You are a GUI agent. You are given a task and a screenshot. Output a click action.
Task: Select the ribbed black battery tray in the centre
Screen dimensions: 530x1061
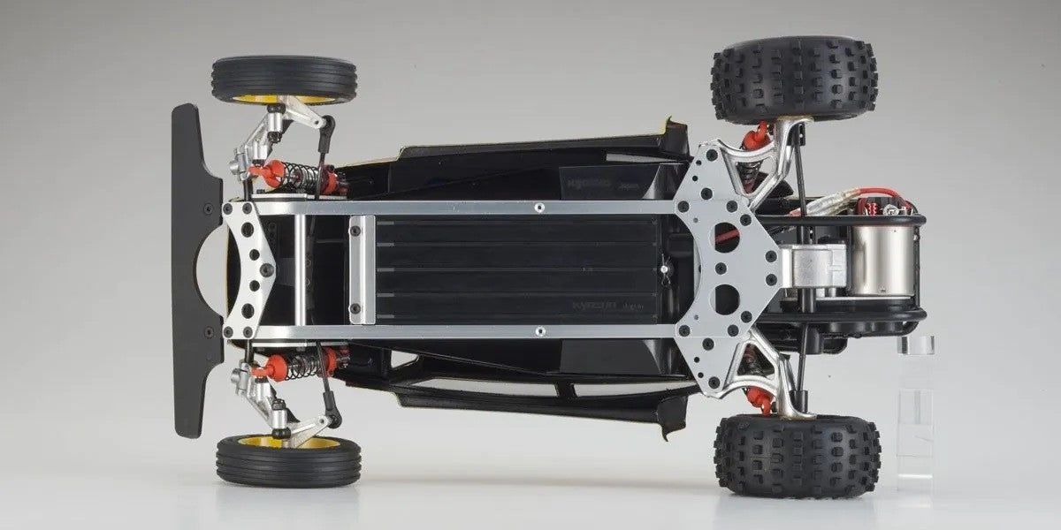click(x=516, y=269)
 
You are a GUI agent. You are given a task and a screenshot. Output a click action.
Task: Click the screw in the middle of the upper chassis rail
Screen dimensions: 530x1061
click(x=538, y=208)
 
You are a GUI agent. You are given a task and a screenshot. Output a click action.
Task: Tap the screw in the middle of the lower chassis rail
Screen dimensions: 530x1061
click(x=538, y=332)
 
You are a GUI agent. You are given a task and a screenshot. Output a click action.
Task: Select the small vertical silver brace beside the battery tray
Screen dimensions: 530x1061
click(x=356, y=269)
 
